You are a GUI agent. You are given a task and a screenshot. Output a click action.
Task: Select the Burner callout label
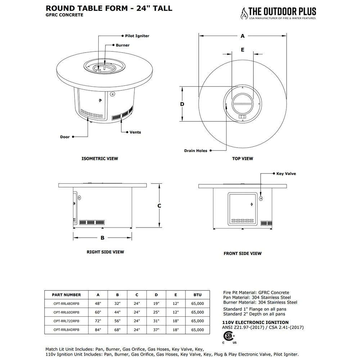122,45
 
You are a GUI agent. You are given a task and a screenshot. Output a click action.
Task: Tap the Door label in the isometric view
65,137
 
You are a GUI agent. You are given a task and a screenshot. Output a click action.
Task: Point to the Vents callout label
135,132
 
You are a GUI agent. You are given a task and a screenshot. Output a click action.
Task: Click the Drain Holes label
195,151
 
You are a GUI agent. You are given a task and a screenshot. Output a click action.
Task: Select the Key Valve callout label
286,174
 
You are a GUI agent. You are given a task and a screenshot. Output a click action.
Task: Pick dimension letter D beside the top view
182,104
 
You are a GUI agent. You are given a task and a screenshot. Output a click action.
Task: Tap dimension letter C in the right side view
159,206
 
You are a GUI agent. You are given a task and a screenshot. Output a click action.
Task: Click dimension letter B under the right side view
102,238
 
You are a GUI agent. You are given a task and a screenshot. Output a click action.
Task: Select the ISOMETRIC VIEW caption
100,158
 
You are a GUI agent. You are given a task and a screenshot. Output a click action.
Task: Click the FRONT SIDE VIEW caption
243,253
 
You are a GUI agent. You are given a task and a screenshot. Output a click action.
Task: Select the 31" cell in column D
156,321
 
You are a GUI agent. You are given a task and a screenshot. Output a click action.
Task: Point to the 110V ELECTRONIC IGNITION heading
256,322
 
